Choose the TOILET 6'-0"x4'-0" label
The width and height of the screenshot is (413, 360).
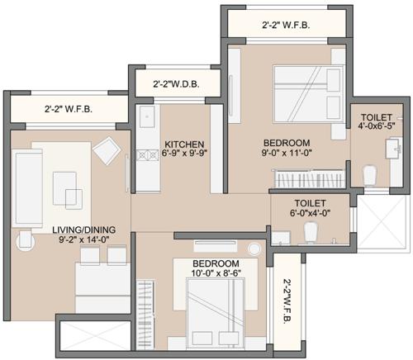pos(310,208)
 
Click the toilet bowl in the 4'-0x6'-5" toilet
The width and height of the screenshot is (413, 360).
pos(369,174)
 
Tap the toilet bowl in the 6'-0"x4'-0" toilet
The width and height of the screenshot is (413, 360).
pos(311,234)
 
